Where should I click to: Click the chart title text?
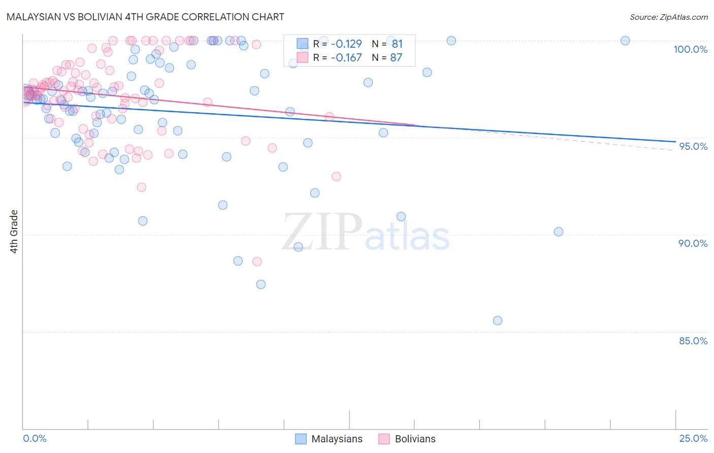point(145,17)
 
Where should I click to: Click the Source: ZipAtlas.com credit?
point(668,17)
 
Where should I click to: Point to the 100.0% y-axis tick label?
point(690,49)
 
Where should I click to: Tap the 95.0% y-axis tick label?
point(693,146)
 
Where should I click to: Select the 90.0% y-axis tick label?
point(693,243)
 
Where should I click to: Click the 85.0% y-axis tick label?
point(693,341)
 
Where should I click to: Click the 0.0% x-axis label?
point(35,438)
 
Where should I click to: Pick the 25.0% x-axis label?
point(693,438)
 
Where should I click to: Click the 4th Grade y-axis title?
point(14,232)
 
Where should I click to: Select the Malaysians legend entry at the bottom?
point(329,439)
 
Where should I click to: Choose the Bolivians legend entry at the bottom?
point(407,439)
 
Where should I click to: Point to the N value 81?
point(397,44)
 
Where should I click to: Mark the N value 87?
point(396,58)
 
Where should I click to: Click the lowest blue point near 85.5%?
point(498,320)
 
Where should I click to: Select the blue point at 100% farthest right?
point(625,41)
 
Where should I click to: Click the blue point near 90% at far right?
point(559,232)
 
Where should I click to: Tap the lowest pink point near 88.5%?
point(257,262)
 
